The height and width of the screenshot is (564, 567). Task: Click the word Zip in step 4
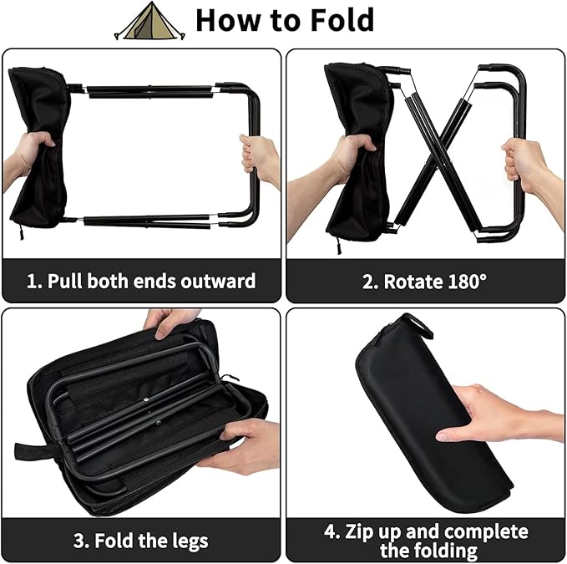click(x=366, y=531)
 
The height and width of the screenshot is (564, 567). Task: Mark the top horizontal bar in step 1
click(x=150, y=89)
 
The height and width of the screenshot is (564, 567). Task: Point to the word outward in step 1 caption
click(x=216, y=280)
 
